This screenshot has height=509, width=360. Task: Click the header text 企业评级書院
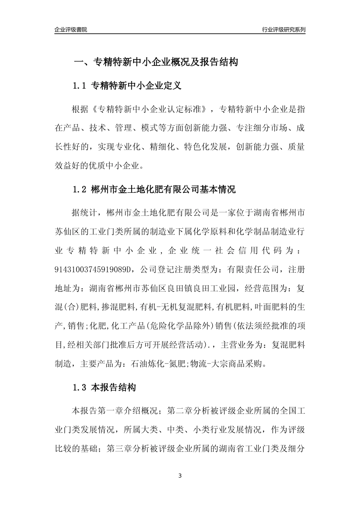71,30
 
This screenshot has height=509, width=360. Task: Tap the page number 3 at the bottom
180,476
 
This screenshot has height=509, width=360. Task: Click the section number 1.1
80,86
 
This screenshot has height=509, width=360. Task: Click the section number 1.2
80,189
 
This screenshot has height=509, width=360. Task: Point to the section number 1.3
80,388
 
